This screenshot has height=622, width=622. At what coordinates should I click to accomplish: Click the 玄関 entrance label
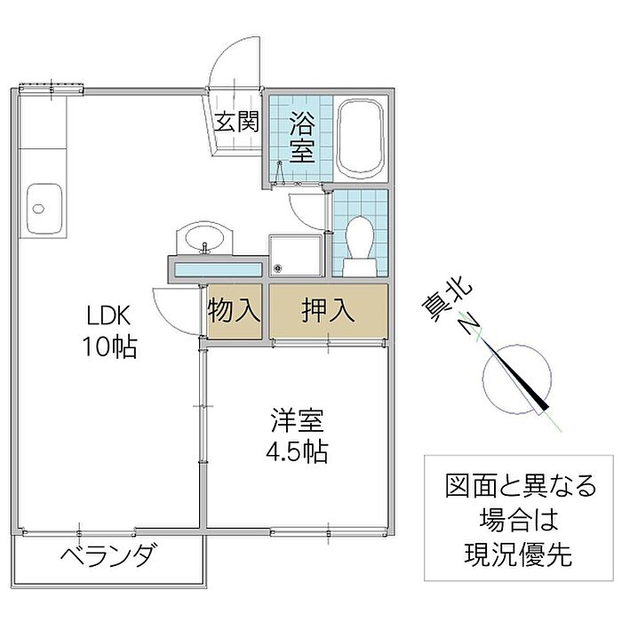tap(236, 122)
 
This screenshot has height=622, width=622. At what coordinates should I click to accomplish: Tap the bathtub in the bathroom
tap(360, 139)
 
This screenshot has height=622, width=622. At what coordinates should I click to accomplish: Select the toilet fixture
tap(360, 246)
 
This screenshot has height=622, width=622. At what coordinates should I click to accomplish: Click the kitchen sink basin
tap(44, 210)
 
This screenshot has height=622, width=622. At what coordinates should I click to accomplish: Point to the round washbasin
tap(204, 238)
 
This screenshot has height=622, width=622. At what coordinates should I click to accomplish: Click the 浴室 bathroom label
tap(302, 137)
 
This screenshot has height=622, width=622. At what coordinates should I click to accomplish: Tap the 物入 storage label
tap(234, 310)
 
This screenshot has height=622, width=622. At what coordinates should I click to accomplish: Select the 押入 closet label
tap(328, 310)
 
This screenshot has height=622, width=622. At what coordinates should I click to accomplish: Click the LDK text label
tap(108, 315)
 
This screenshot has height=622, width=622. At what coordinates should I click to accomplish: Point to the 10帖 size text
tap(109, 347)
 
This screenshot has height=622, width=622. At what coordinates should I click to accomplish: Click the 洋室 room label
tap(298, 420)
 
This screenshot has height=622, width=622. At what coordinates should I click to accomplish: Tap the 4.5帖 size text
tap(297, 451)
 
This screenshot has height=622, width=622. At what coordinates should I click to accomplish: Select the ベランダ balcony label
tap(108, 555)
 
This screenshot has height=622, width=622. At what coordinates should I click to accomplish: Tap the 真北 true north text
tap(448, 302)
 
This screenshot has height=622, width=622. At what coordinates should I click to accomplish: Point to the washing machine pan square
tap(295, 255)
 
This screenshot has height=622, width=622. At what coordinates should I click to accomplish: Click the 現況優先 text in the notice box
tap(518, 554)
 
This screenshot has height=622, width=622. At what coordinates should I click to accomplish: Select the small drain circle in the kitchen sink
tap(38, 209)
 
